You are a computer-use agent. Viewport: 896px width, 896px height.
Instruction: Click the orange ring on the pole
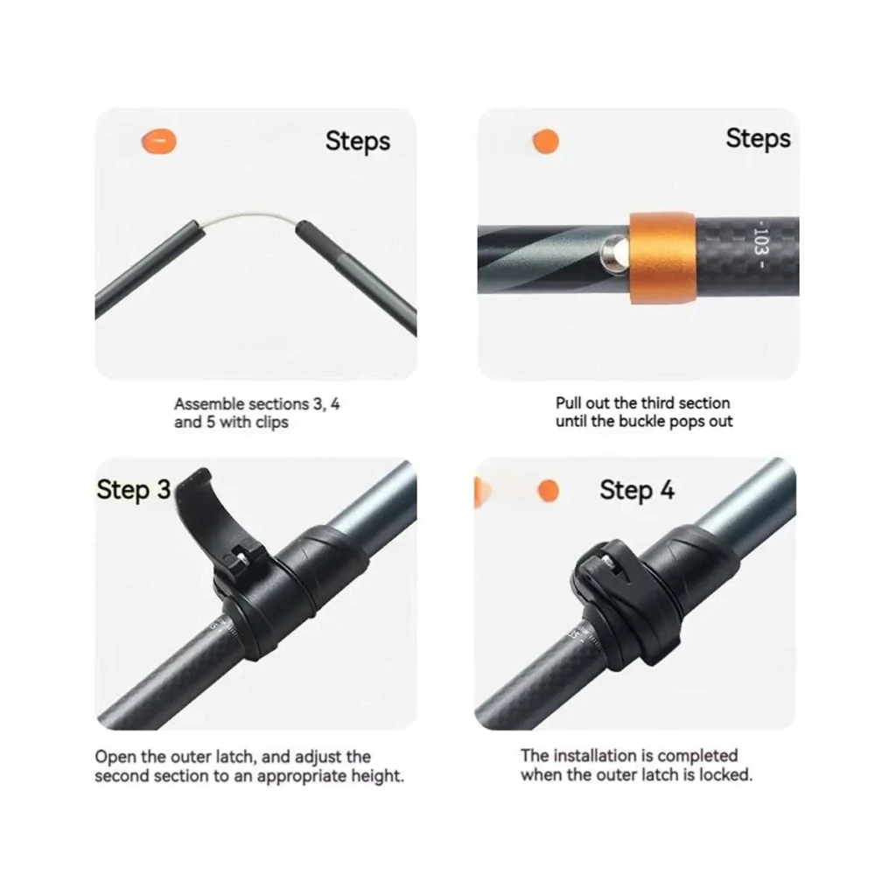coord(663,258)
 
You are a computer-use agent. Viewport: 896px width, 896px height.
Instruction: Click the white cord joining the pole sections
coord(248,218)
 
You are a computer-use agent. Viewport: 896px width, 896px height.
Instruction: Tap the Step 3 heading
coord(134,490)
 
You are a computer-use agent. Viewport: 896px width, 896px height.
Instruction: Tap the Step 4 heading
coord(637,490)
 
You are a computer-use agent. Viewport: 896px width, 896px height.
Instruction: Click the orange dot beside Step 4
coord(548,490)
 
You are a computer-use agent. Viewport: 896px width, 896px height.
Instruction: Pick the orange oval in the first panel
coord(159,141)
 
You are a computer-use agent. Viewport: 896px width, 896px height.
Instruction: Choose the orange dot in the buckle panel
coord(546,141)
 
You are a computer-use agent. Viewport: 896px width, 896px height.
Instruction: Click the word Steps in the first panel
coord(358,141)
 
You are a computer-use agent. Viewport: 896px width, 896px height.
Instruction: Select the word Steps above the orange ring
coord(759,139)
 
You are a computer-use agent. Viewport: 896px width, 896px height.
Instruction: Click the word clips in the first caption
coord(272,423)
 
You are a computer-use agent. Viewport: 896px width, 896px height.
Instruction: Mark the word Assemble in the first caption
coord(209,404)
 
